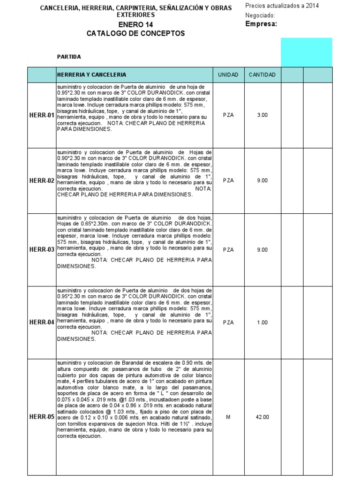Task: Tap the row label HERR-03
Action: tap(42, 249)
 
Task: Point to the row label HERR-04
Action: tap(42, 322)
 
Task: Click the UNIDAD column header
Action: tap(228, 75)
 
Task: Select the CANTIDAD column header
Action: tap(262, 75)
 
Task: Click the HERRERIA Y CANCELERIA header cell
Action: tap(91, 75)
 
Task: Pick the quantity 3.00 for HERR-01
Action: tap(262, 115)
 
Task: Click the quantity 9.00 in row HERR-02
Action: tap(262, 180)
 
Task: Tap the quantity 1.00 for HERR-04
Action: tap(262, 322)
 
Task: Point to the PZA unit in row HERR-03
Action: tap(228, 249)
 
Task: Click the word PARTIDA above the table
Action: tap(69, 57)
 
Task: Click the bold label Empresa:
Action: tap(261, 24)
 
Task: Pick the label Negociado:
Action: tap(260, 15)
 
